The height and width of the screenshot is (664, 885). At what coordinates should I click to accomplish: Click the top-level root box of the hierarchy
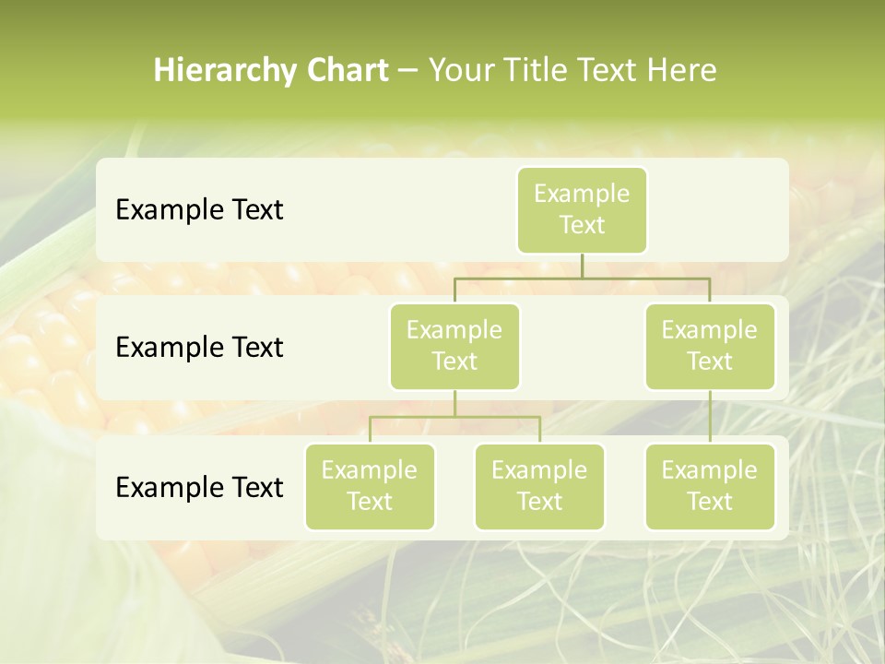582,209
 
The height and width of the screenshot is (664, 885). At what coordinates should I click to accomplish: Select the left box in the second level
454,346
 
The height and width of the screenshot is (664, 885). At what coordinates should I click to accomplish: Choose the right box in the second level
710,346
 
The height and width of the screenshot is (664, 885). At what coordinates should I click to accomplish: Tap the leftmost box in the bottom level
370,486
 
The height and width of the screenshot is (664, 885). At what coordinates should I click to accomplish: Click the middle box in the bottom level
539,486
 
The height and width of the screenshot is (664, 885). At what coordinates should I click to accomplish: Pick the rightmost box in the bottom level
710,486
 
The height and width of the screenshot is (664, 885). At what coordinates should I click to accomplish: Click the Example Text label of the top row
199,210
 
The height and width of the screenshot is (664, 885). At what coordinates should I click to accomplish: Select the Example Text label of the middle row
199,348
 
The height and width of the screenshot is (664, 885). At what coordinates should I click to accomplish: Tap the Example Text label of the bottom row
199,487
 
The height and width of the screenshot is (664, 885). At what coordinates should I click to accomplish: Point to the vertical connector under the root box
582,266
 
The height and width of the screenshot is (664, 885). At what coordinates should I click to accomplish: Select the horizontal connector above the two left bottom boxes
454,417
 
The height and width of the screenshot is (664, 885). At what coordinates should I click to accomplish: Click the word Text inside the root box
582,225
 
